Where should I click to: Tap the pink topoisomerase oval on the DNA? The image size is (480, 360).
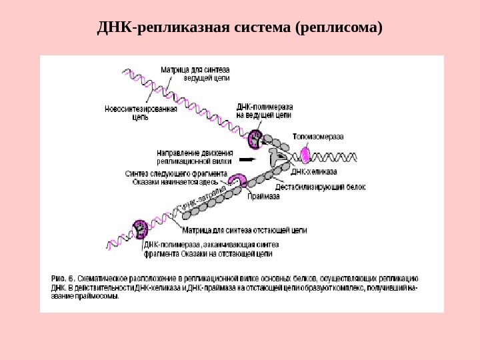[304, 155]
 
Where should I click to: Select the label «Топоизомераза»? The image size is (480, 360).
[319, 137]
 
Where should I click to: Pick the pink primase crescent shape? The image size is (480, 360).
[237, 180]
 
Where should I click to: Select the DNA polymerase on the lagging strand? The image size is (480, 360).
[141, 229]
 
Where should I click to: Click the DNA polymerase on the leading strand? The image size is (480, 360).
[255, 140]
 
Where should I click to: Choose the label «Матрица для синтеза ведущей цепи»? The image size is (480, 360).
[195, 73]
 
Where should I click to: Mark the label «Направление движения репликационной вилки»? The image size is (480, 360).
[194, 156]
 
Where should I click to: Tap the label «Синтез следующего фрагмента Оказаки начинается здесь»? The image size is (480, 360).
[175, 177]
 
